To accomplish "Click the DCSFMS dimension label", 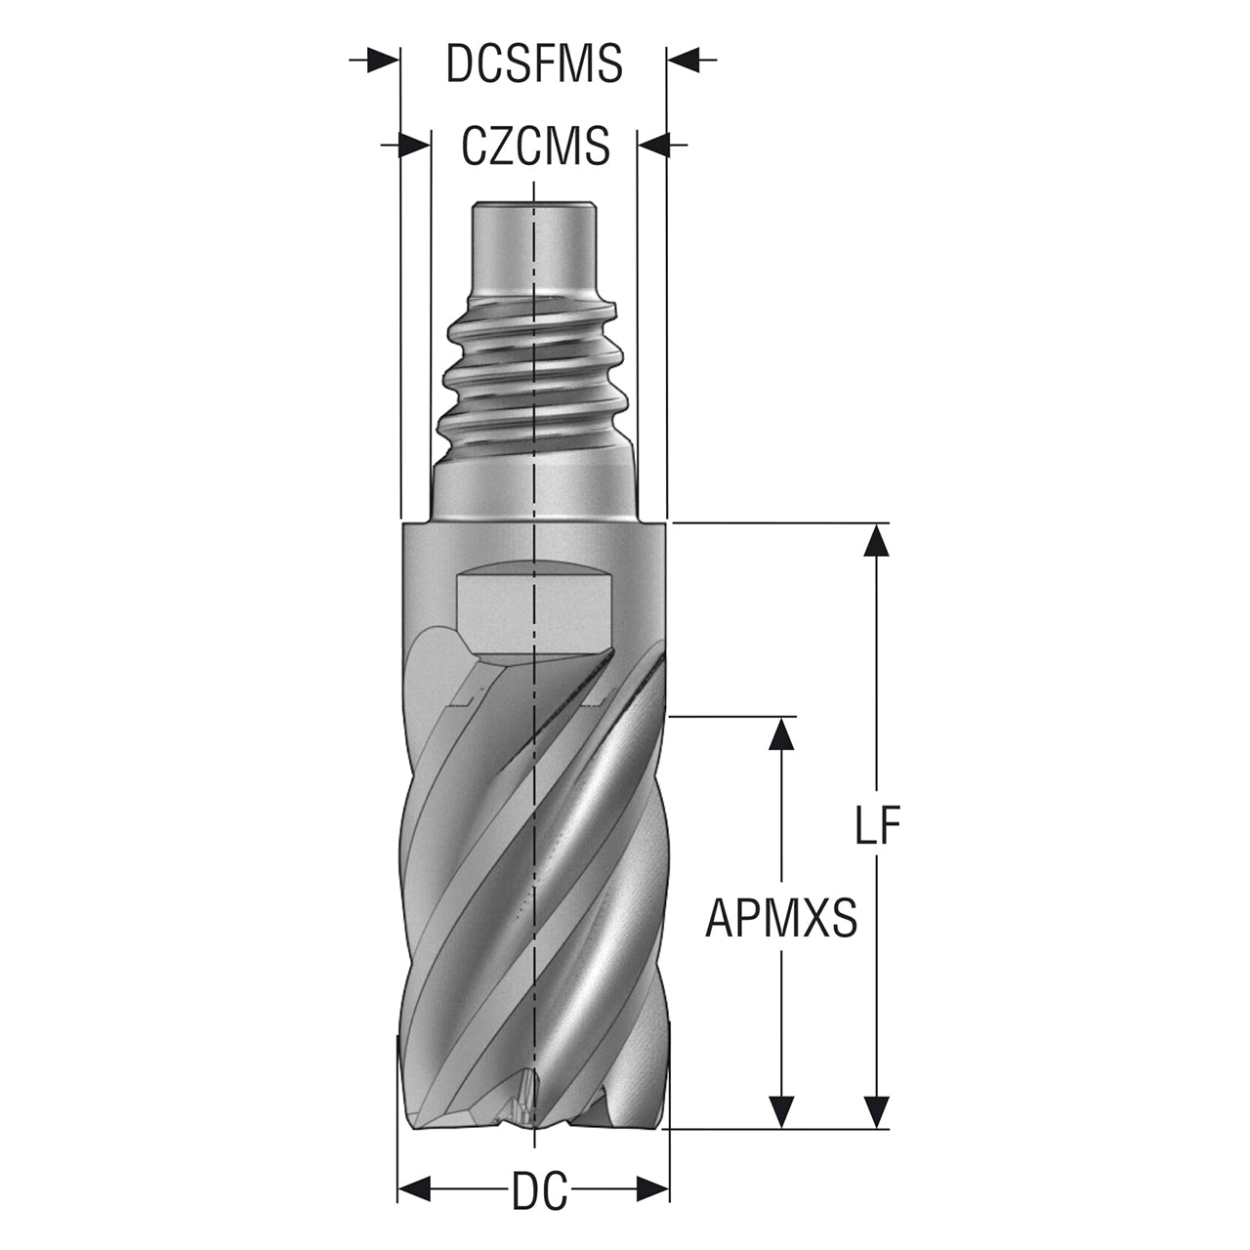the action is tap(534, 63).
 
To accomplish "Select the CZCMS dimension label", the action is tap(535, 146).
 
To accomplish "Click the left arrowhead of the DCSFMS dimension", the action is tap(383, 60).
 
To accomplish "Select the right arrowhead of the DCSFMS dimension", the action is tap(684, 60).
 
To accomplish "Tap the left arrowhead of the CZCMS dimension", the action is tap(414, 145).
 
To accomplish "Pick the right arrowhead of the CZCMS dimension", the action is tap(654, 145).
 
